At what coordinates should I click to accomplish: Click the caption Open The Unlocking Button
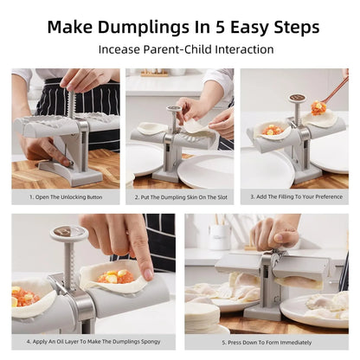point(66,196)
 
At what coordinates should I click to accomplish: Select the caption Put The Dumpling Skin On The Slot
point(180,196)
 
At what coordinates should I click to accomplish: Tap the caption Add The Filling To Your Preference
point(294,196)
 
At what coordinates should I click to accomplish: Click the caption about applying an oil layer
point(93,342)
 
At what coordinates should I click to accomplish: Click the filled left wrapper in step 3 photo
point(272,132)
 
